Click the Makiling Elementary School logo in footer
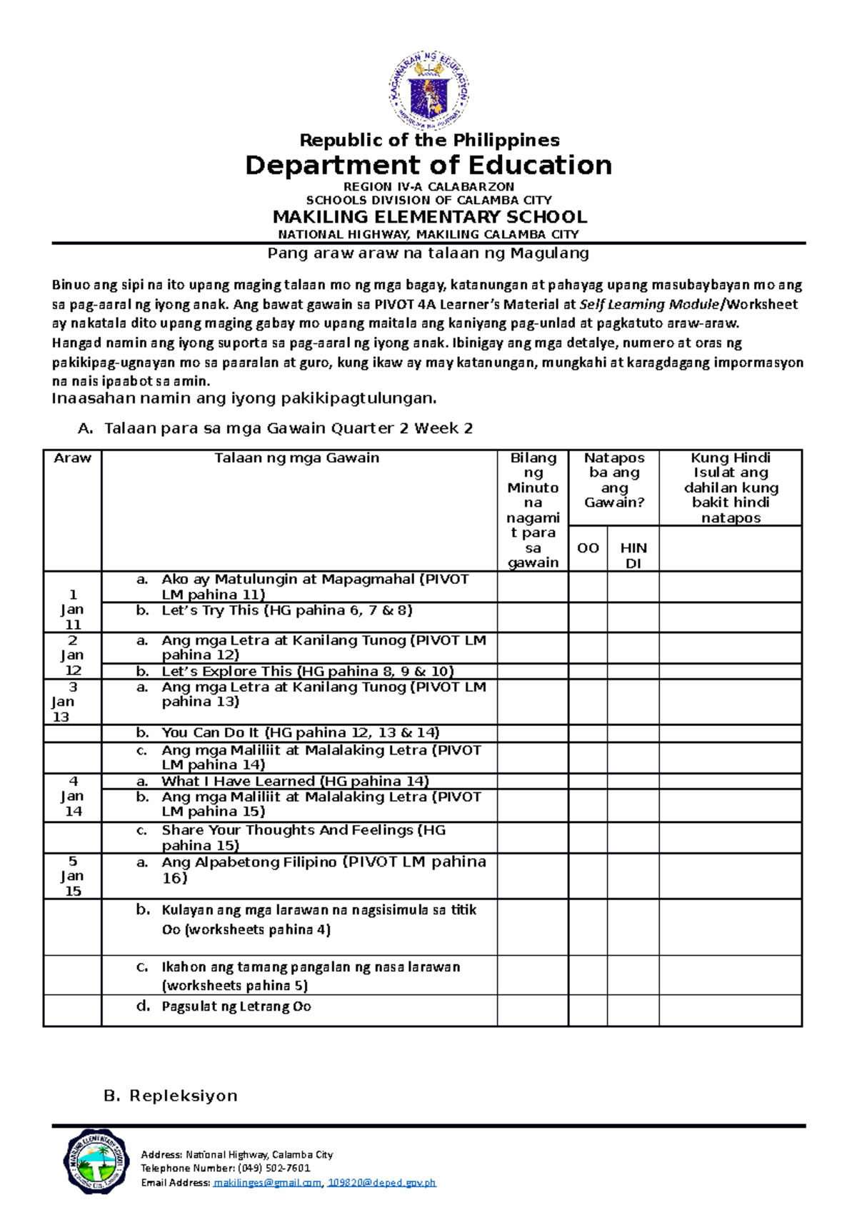point(96,1161)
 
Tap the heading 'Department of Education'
point(428,166)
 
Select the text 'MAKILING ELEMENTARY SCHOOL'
point(429,217)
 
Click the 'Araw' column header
point(72,458)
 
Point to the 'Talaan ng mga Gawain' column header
point(297,458)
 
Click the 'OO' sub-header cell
point(588,548)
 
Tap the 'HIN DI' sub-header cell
point(633,555)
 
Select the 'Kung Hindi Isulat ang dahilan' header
point(731,488)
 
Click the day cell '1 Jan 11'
point(72,610)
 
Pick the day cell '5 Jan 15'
point(72,876)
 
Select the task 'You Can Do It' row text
point(300,732)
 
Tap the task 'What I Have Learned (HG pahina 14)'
point(295,781)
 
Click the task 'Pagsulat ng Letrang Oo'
point(236,1006)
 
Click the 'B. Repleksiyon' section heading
point(171,1096)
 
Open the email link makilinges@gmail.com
point(268,1183)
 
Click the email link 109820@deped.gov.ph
point(381,1183)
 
